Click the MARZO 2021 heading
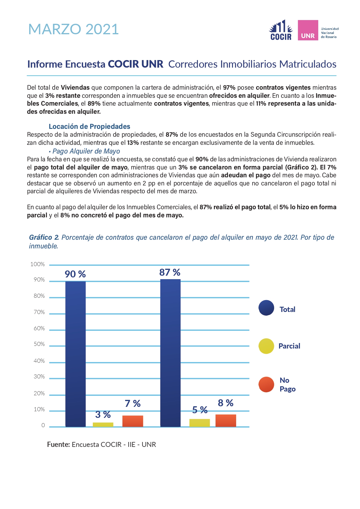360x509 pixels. [x=73, y=29]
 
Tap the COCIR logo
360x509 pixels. [x=281, y=30]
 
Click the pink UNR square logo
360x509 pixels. [x=308, y=30]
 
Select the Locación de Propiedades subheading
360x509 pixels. [x=89, y=127]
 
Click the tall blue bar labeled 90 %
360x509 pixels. [x=75, y=354]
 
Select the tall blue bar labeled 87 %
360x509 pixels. [x=170, y=353]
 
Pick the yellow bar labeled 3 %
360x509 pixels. [x=103, y=425]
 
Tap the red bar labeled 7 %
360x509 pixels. [x=133, y=421]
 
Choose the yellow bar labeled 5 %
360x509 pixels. [x=200, y=423]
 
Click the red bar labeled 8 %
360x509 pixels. [x=226, y=420]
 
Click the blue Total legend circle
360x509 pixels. [x=266, y=308]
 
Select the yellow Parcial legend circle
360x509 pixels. [x=266, y=346]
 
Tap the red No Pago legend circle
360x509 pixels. [x=266, y=385]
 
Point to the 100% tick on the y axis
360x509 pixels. [x=37, y=264]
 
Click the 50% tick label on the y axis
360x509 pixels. [x=39, y=344]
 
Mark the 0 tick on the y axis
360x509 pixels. [x=43, y=425]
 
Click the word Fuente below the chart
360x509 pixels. [x=58, y=445]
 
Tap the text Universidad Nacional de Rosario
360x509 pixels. [x=330, y=33]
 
